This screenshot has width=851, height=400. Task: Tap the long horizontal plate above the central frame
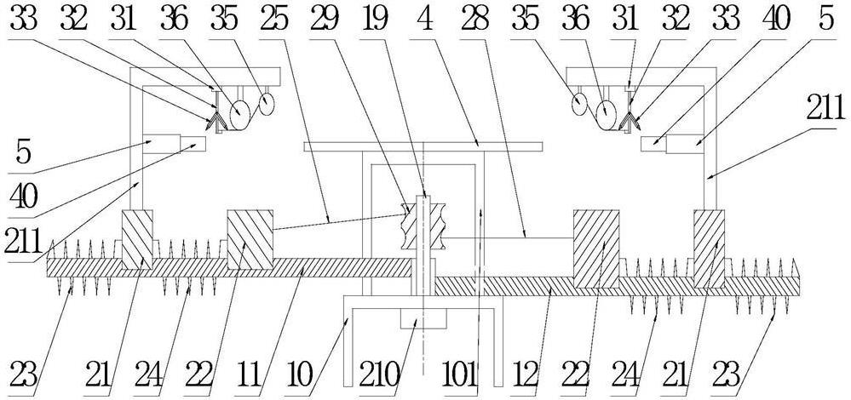(423, 146)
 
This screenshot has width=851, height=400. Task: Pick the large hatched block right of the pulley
(595, 248)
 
